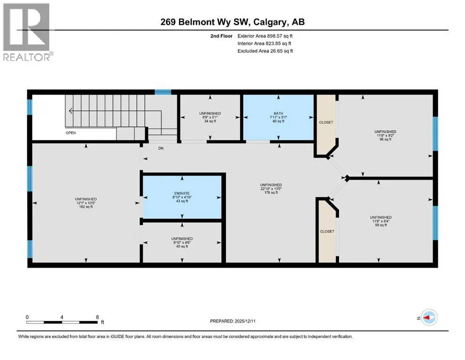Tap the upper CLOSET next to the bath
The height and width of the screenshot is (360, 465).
(326, 122)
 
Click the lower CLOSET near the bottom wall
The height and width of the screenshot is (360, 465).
(327, 232)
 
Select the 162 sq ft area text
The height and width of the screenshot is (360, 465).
(86, 206)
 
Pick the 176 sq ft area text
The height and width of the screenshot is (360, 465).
(271, 193)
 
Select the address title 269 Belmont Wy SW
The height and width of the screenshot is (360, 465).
(232, 22)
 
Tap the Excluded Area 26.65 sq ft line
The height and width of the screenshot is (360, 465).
(266, 51)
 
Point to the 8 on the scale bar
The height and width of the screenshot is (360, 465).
(97, 316)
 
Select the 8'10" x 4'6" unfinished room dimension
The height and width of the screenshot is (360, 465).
(181, 242)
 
